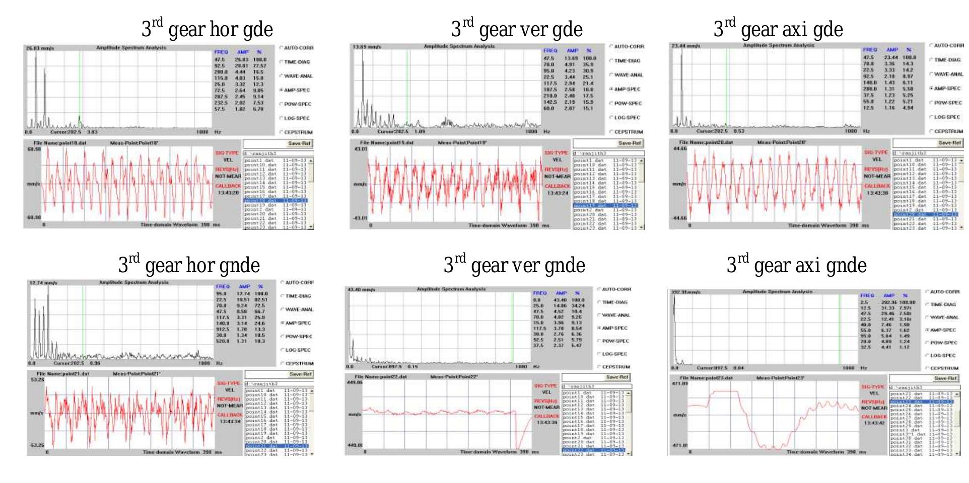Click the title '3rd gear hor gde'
click(207, 29)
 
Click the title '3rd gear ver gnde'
click(514, 265)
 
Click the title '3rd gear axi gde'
click(778, 29)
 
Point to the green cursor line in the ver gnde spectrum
click(512, 327)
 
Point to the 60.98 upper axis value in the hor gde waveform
click(34, 149)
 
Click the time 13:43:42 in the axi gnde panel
click(874, 423)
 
